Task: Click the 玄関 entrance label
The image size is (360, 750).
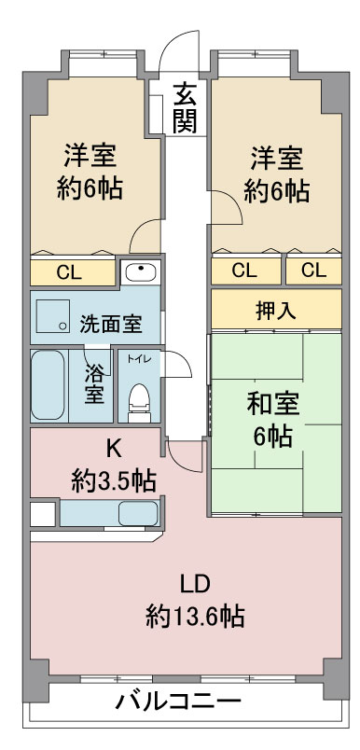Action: coord(185,106)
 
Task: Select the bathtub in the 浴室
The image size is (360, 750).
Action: coord(48,385)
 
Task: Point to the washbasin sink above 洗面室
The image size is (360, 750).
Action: coord(141,271)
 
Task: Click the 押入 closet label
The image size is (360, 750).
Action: coord(276,310)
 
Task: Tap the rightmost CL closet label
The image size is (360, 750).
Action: coord(313,271)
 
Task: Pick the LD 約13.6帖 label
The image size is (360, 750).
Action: coord(195,601)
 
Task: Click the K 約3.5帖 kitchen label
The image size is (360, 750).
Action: coord(113,465)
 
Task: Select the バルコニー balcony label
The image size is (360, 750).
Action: coord(179,702)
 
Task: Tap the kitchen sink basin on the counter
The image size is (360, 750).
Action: coord(138,513)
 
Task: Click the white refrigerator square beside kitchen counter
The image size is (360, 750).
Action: coord(43,513)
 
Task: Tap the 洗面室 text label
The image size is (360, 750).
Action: coord(111,325)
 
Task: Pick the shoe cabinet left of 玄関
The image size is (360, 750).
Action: coord(156,115)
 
